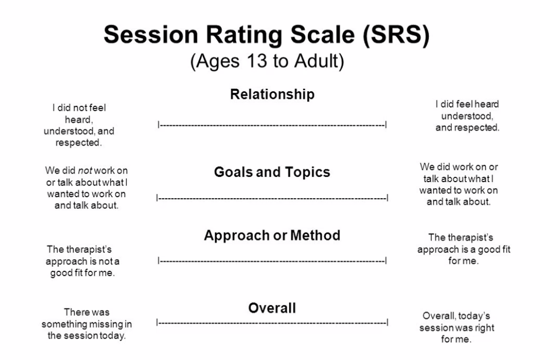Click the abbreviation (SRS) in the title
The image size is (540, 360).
[x=395, y=35]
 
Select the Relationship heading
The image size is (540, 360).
[x=272, y=94]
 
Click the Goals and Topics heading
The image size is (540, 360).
[x=272, y=171]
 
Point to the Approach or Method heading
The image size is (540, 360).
[x=272, y=235]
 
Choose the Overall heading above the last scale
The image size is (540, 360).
[x=272, y=308]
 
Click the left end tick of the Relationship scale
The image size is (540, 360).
[x=158, y=125]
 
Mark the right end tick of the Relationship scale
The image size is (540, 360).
[x=386, y=125]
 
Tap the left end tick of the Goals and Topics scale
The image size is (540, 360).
[x=157, y=198]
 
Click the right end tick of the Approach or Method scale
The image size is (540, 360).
[x=386, y=261]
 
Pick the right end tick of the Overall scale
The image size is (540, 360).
[x=388, y=322]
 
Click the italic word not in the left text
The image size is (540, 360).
[x=85, y=170]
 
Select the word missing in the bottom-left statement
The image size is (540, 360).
[x=106, y=324]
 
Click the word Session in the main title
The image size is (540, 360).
[x=151, y=35]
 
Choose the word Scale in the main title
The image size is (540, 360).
[x=322, y=35]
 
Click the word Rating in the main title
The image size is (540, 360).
[x=244, y=35]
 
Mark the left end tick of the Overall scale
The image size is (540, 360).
[x=157, y=322]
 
